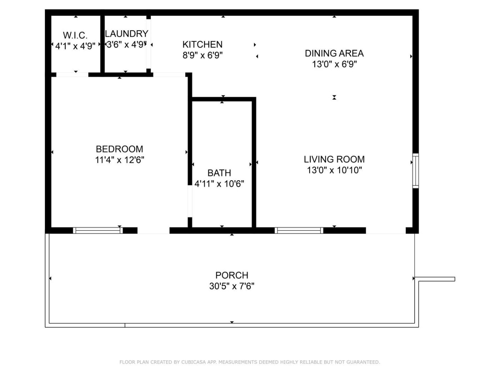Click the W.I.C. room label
pos(75,35)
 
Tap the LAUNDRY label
pos(127,34)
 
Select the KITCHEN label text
pos(202,44)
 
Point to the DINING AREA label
pos(334,53)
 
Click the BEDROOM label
pos(119,149)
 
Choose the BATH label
pos(219,173)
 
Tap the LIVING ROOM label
pos(334,159)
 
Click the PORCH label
pos(232,275)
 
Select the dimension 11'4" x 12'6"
pos(119,160)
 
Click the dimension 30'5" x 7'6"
pos(232,286)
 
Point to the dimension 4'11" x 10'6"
pos(219,184)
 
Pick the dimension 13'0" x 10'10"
pos(334,170)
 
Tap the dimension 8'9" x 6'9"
pos(202,55)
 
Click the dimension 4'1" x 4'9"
pos(75,46)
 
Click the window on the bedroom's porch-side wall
pos(98,230)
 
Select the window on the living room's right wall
pos(416,171)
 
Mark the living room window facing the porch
pos(299,230)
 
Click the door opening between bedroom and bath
pos(190,201)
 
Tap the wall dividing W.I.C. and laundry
pos(102,44)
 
